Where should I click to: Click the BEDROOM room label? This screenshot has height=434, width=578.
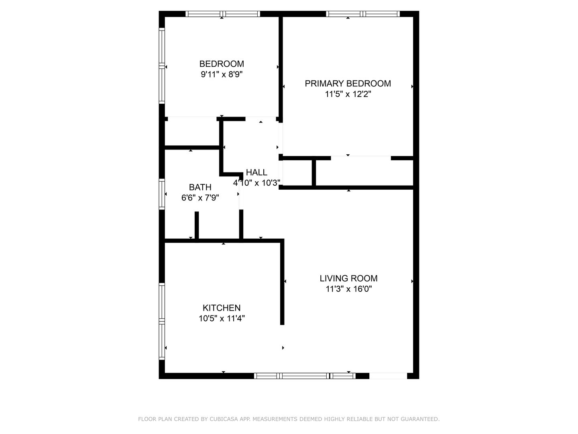coord(222,64)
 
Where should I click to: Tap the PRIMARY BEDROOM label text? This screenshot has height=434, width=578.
coord(348,84)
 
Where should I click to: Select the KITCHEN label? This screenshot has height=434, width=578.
coord(222,308)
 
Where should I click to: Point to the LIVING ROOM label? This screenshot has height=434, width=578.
coord(348,278)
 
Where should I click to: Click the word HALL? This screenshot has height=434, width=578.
coord(256,172)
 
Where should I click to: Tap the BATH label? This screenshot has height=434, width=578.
coord(200,187)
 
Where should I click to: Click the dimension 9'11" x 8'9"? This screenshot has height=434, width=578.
coord(222,74)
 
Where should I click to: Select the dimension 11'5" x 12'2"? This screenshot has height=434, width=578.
coord(348,94)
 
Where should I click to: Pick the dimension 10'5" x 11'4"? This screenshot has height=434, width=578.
coord(222,318)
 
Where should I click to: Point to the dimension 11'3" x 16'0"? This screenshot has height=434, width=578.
coord(349,289)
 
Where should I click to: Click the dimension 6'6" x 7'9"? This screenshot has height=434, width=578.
coord(200,198)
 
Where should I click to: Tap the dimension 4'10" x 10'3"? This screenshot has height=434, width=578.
coord(256,182)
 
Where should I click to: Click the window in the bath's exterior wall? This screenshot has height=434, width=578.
coord(162,194)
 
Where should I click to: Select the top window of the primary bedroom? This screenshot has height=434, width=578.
coord(362,14)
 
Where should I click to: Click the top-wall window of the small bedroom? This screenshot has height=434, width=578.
coord(222,14)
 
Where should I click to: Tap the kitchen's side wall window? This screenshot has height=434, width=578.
coord(162,321)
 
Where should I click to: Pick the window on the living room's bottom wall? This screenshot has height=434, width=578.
coord(305,376)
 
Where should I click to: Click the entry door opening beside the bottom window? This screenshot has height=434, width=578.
coord(388,376)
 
